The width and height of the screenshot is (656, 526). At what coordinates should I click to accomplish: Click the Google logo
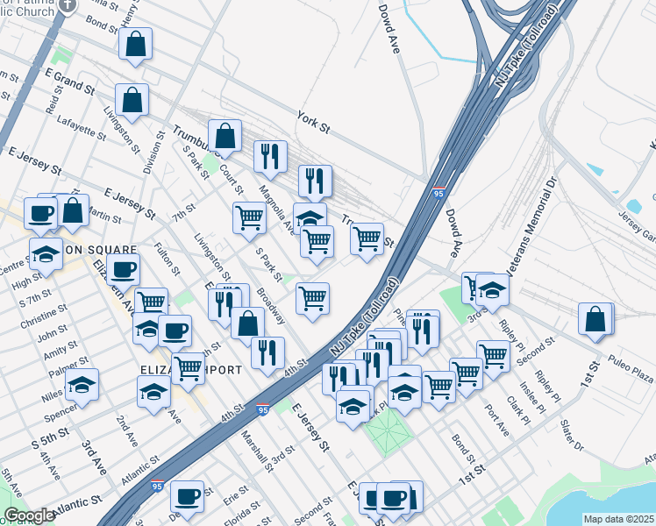(x=29, y=515)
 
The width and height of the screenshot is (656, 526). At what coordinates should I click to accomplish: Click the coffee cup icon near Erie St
(x=187, y=496)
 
